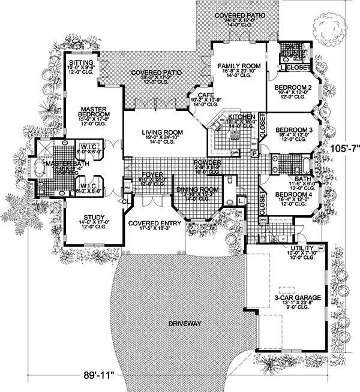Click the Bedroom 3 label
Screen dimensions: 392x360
tap(293, 129)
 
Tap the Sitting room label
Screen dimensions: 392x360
tap(80, 63)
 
